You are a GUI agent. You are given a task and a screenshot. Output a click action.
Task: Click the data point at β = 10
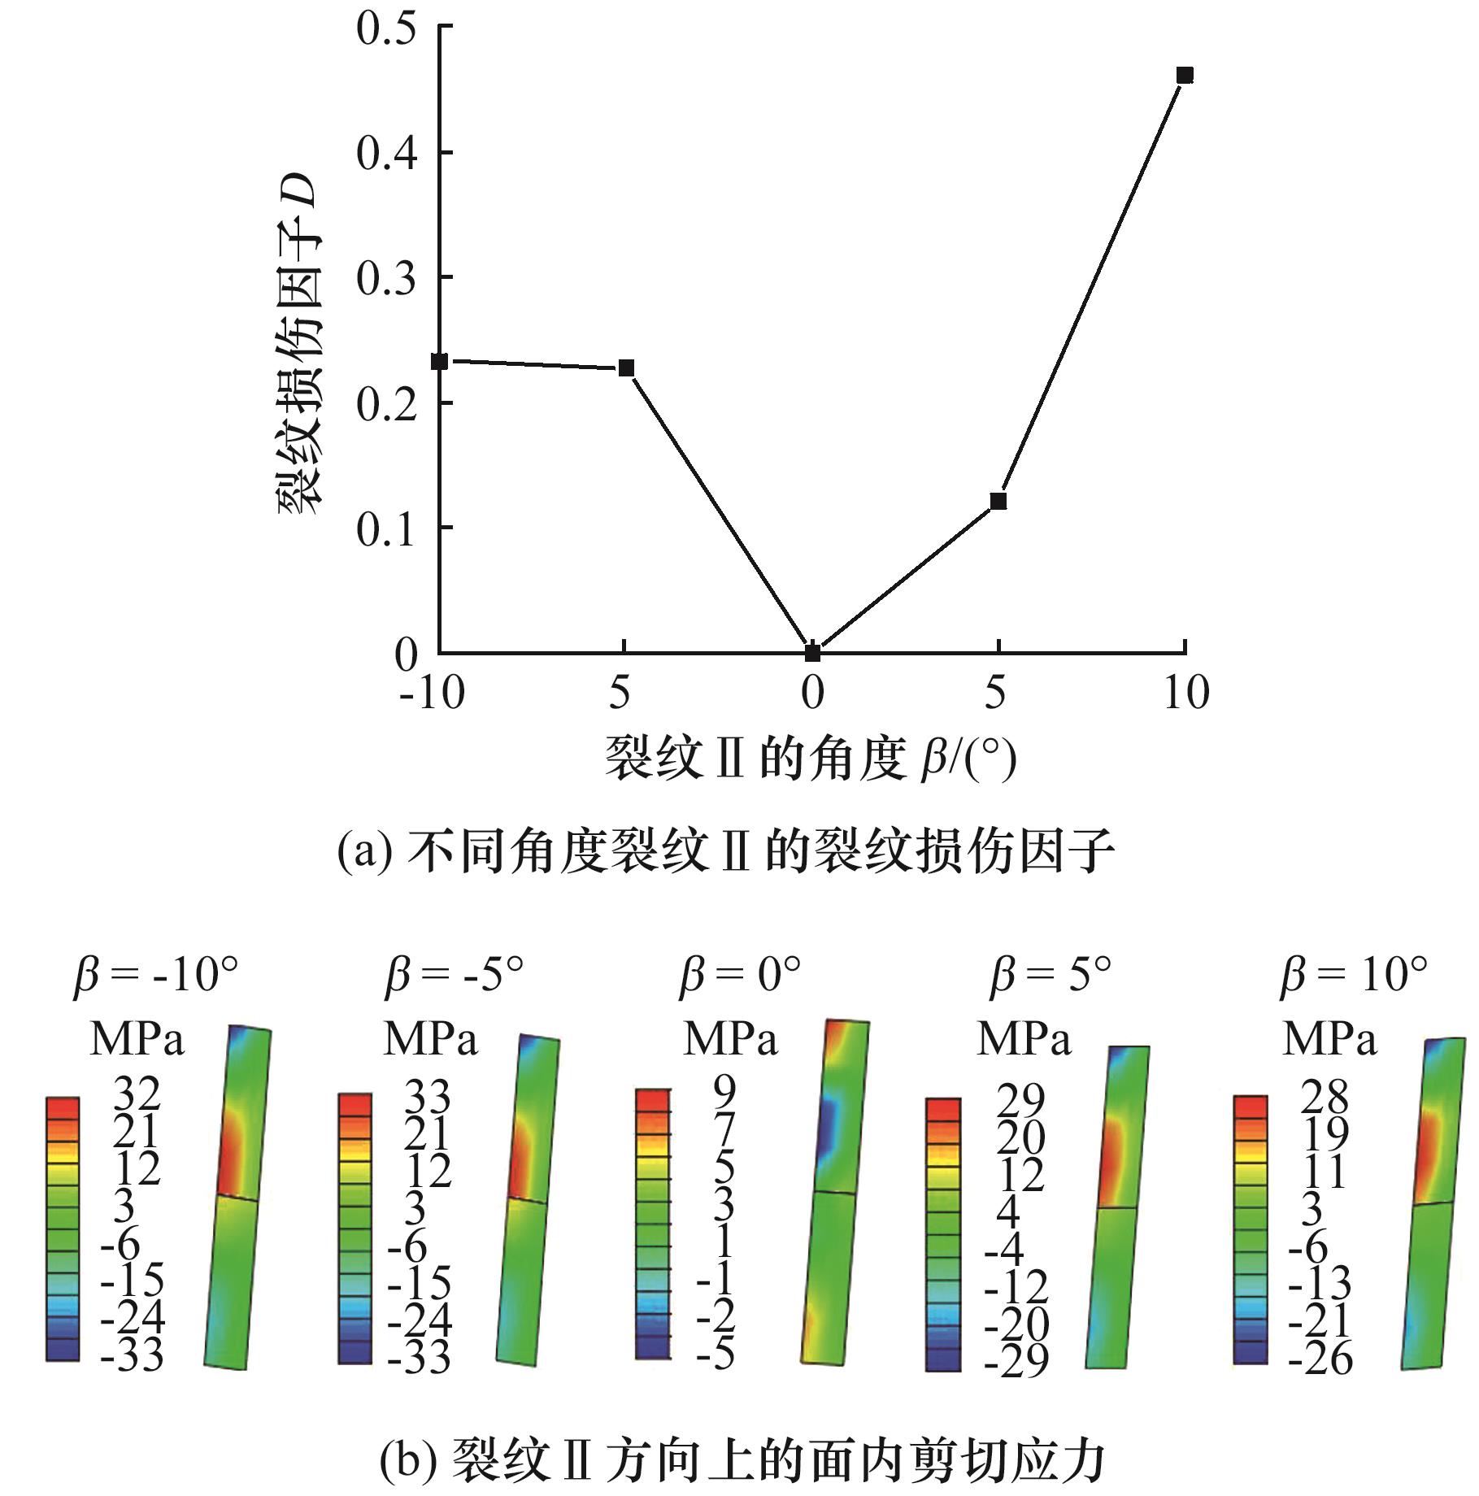[1185, 76]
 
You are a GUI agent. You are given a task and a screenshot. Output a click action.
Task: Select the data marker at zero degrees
[812, 652]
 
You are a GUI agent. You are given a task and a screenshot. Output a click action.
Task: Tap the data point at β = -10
[440, 361]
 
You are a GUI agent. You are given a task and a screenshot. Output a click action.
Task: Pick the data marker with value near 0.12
[998, 501]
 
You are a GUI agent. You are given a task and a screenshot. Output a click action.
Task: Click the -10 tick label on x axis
[432, 694]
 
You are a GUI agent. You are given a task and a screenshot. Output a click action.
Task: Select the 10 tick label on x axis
[1186, 694]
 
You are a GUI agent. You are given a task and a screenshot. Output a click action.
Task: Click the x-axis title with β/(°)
[811, 759]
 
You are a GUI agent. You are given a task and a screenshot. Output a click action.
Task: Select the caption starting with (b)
[742, 1458]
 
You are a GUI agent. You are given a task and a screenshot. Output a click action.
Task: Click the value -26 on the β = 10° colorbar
[1320, 1358]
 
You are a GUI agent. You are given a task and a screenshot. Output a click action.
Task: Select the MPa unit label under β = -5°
[430, 1039]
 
